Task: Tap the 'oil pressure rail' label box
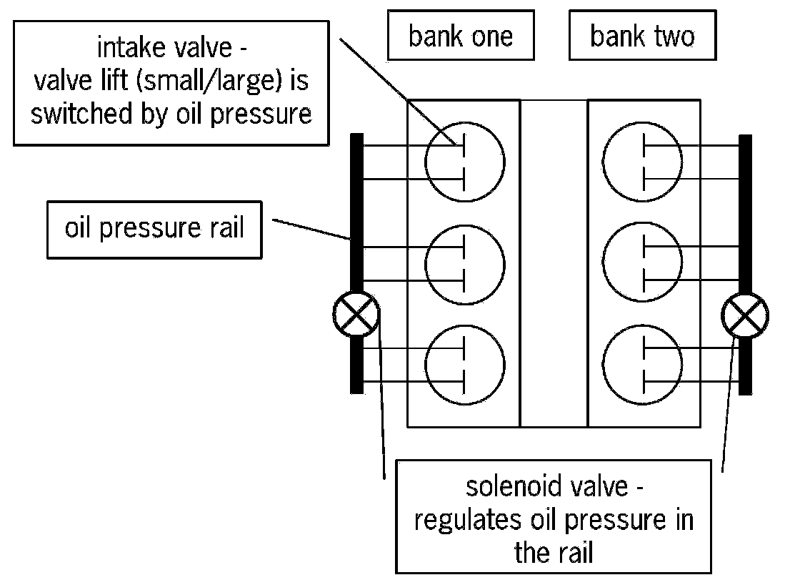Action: (x=155, y=228)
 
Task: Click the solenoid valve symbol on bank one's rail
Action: (x=356, y=314)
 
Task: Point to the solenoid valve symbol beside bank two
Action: (x=746, y=314)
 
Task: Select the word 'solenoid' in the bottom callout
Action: (x=510, y=487)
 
